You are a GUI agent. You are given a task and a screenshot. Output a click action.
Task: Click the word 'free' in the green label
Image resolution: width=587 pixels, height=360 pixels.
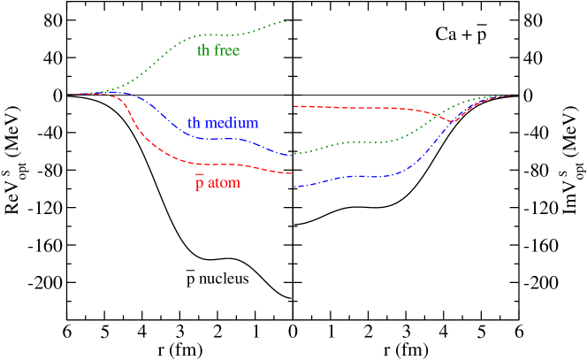[x=227, y=50]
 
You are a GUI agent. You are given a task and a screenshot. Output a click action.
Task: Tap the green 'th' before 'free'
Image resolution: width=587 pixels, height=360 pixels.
[x=203, y=50]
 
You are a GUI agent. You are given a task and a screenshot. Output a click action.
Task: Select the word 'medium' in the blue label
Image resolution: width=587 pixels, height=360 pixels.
[x=232, y=123]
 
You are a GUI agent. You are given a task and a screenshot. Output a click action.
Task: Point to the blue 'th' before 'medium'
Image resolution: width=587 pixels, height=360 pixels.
[x=194, y=123]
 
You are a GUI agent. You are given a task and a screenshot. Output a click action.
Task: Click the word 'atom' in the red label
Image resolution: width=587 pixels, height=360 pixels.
[x=224, y=184]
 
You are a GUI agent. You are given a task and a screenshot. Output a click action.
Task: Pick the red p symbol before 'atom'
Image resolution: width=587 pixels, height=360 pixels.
[x=200, y=185]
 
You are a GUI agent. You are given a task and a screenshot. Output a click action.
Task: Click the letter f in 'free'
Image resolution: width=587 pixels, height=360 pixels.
[x=217, y=50]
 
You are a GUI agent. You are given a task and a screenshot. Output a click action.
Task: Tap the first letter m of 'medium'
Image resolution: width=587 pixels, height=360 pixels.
[x=211, y=124]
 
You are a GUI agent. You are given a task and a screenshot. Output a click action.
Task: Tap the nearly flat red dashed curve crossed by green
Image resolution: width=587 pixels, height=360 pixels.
[x=371, y=108]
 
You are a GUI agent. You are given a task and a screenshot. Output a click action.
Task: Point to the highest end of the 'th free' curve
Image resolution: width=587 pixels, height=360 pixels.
[x=291, y=21]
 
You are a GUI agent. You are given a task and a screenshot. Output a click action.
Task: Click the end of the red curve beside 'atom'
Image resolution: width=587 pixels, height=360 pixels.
[x=291, y=173]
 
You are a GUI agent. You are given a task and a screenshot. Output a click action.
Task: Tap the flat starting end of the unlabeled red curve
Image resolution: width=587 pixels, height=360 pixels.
[x=294, y=106]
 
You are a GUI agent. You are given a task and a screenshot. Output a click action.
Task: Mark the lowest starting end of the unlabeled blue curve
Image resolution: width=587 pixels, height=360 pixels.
[x=294, y=186]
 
